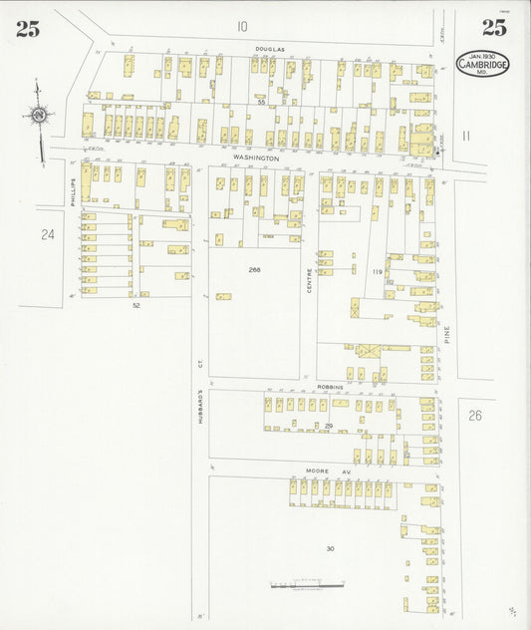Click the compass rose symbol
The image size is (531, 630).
tap(38, 116)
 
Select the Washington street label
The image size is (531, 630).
tap(256, 157)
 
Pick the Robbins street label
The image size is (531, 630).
tap(330, 386)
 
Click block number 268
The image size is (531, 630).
tap(254, 269)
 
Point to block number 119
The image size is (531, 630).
tap(377, 271)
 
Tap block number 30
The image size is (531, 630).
tap(330, 548)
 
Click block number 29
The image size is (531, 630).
tap(328, 426)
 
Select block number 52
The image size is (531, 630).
tap(135, 306)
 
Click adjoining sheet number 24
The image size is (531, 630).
tap(47, 234)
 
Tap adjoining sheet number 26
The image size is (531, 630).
tap(474, 415)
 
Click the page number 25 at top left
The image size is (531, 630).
tap(27, 28)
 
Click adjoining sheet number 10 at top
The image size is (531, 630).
tap(242, 26)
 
